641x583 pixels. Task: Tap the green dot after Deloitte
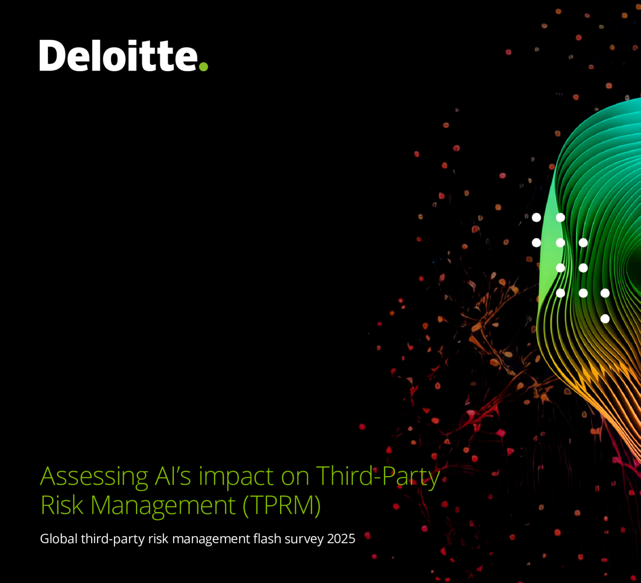(x=203, y=66)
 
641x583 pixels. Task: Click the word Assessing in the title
(x=94, y=477)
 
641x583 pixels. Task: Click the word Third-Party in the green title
(x=378, y=477)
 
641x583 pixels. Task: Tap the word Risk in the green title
(x=62, y=505)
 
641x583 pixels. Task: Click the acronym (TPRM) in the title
(x=282, y=506)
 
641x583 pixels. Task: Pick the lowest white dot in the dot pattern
(x=605, y=318)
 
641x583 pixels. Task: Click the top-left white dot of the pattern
(x=536, y=217)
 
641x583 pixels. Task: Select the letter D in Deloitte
(x=53, y=56)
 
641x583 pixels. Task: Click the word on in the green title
(x=295, y=479)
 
